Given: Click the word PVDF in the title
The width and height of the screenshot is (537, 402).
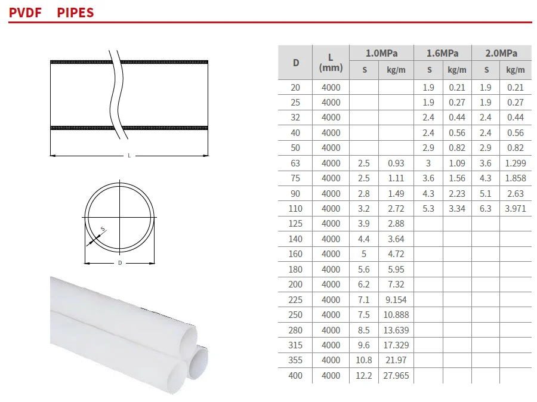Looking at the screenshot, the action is pyautogui.click(x=25, y=13).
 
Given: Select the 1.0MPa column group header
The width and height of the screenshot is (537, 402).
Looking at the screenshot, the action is pyautogui.click(x=381, y=54).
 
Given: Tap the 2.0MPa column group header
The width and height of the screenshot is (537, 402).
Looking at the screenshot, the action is pyautogui.click(x=501, y=54).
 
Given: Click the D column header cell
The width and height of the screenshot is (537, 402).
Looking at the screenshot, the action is pyautogui.click(x=296, y=63).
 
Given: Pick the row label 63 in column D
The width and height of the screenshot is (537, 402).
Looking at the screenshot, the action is pyautogui.click(x=295, y=163).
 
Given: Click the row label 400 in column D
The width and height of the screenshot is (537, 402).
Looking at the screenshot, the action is pyautogui.click(x=295, y=375).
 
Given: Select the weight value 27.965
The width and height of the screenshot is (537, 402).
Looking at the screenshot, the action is pyautogui.click(x=396, y=375).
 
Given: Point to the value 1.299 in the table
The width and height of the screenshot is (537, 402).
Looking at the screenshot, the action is pyautogui.click(x=516, y=163).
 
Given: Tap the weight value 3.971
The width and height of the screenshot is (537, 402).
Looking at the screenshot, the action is pyautogui.click(x=516, y=209).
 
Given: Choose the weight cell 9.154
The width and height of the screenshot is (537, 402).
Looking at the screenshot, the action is pyautogui.click(x=396, y=299).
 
